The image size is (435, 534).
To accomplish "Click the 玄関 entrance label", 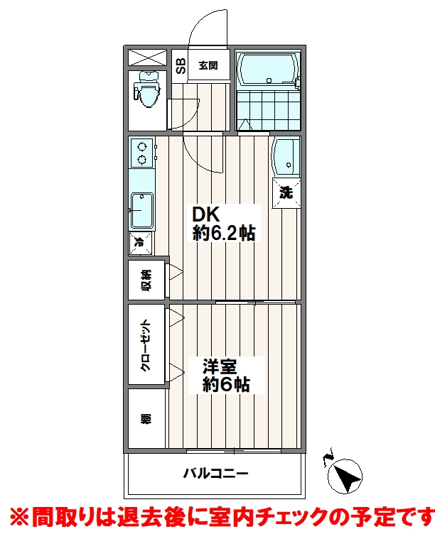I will pos(208,66).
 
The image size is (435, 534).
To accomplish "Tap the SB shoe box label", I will pos(181,66).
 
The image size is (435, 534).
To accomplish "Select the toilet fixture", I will pos(148,90).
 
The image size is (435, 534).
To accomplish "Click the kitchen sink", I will pos(141,211).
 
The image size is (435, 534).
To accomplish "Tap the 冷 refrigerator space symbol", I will pos(140,243).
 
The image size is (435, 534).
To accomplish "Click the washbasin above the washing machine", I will pos(286,156).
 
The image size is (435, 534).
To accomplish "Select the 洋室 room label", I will pos(220,367).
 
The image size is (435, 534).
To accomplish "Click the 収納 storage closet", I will pos(146,281).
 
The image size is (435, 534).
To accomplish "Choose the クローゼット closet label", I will pos(145,345).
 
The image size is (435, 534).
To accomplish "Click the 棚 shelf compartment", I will pos(145,418).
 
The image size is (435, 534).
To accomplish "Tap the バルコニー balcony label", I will pos(215,474).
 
